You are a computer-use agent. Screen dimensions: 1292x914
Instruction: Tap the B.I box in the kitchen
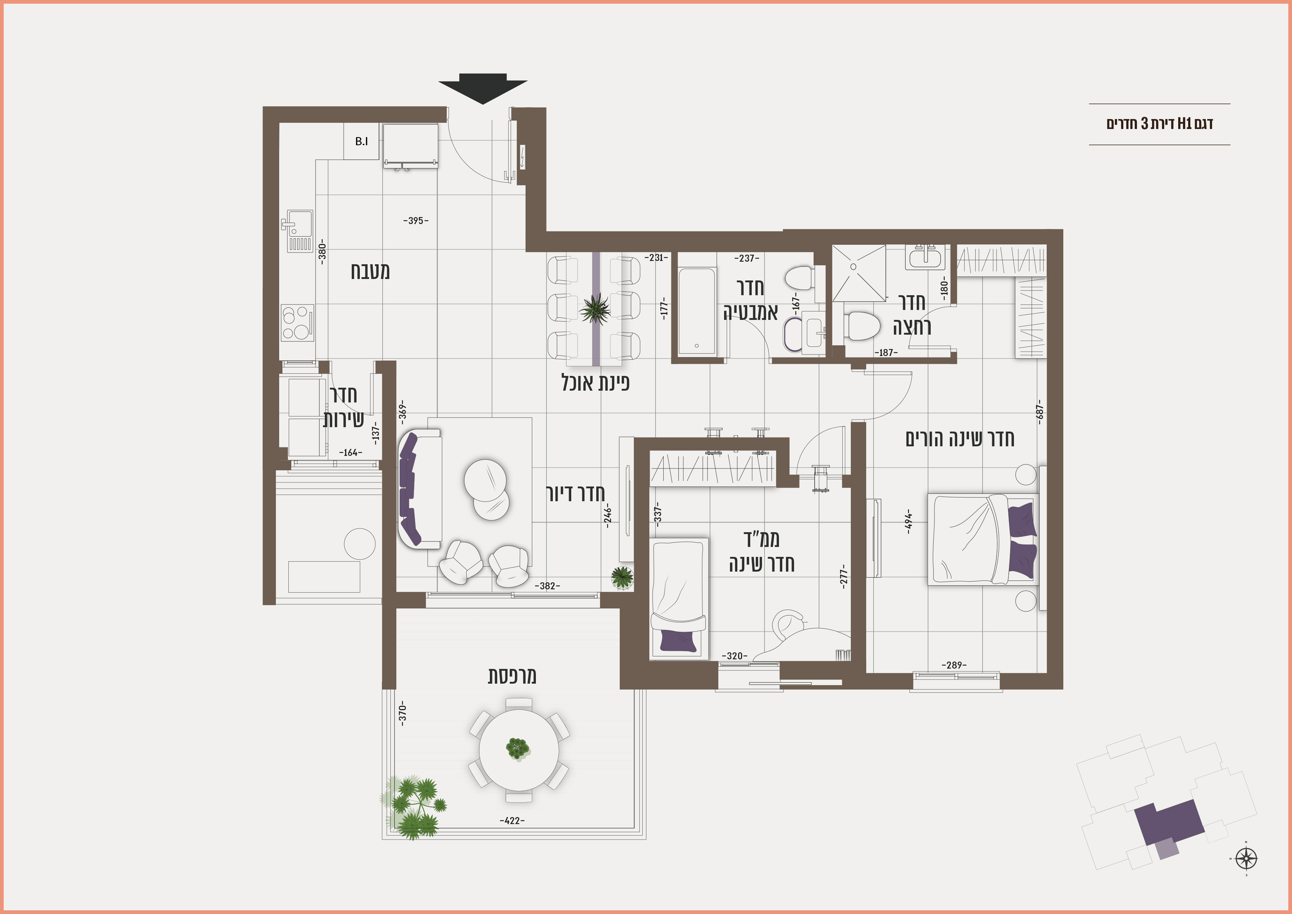[x=361, y=142]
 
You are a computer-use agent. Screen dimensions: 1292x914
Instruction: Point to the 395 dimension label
[x=416, y=221]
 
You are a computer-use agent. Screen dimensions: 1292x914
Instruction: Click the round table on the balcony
[x=519, y=750]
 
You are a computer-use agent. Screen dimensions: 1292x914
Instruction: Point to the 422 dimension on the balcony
[x=512, y=820]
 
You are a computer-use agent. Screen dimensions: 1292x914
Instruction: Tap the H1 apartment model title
[x=1160, y=123]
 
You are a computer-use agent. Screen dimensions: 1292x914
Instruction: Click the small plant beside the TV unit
[x=622, y=577]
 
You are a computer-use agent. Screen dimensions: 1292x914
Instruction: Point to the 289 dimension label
[x=954, y=665]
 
